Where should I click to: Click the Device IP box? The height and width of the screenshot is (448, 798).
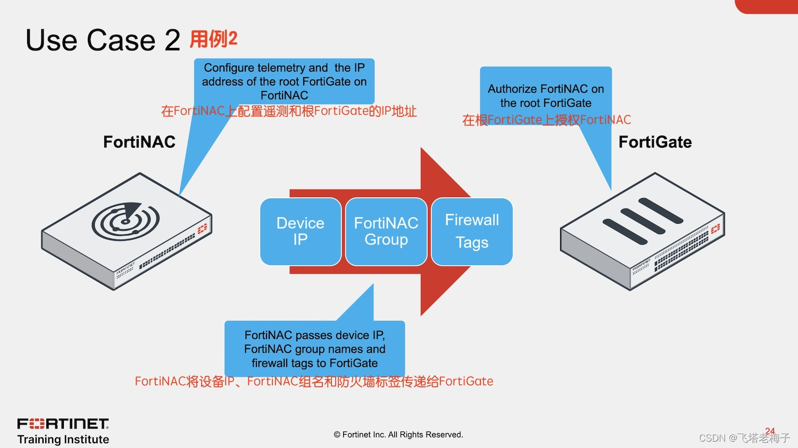tap(301, 231)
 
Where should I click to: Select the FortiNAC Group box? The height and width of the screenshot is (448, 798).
tap(386, 231)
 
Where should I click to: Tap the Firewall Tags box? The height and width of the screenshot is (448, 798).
tap(472, 231)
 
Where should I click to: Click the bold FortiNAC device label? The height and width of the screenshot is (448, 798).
tap(139, 142)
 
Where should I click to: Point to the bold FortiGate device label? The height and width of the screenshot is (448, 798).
tap(655, 142)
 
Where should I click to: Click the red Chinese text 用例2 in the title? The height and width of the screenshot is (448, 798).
tap(213, 39)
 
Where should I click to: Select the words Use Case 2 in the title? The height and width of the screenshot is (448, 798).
tap(103, 40)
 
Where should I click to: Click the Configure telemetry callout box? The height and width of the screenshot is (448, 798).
tap(284, 81)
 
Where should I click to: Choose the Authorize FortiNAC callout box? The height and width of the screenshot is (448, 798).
tap(546, 96)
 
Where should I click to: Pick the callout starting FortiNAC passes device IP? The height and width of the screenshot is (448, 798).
tap(314, 349)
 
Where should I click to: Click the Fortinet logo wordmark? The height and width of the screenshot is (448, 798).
tap(63, 424)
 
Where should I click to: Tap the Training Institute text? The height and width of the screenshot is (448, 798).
tap(63, 439)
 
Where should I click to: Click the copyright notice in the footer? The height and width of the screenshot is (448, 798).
tap(398, 435)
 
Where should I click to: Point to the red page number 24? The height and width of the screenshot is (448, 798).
tap(770, 431)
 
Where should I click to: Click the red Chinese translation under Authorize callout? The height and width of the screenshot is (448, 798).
tap(546, 120)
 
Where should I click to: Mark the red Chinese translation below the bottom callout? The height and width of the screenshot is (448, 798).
tap(314, 382)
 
